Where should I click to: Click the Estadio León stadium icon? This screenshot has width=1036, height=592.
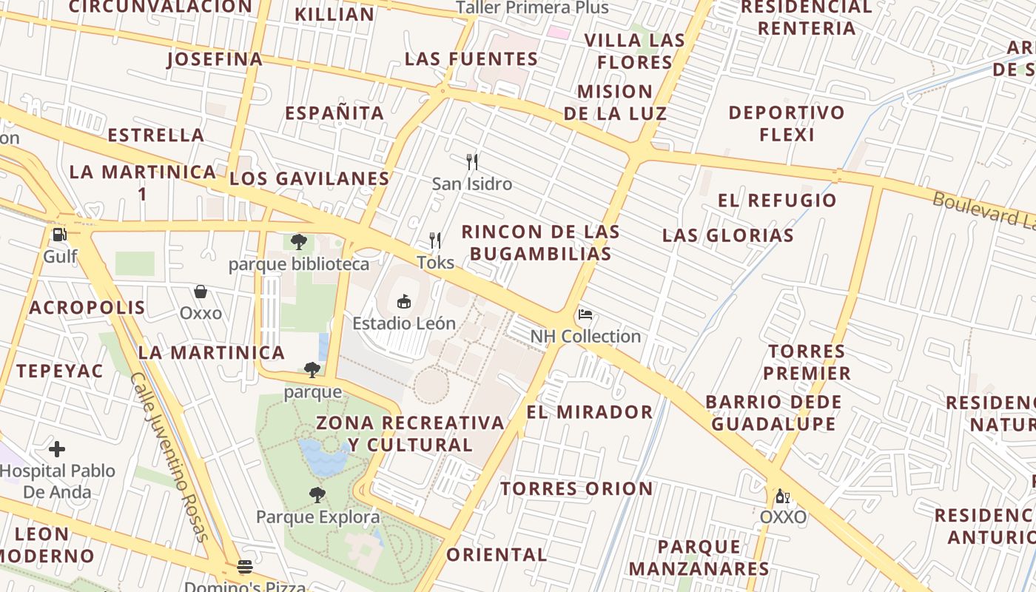pos(404,301)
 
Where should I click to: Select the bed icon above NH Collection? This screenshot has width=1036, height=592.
pos(585,314)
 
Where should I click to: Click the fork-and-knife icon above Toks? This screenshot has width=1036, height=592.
pos(435,240)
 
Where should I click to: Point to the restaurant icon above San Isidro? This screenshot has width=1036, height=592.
pos(471,161)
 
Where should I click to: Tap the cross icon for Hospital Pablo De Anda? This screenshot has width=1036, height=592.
pos(57,449)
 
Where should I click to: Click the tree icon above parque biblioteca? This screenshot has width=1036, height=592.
pos(299,242)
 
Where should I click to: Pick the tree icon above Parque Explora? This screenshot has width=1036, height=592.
pos(317,495)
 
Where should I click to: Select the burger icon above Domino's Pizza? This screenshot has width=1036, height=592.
pos(245,567)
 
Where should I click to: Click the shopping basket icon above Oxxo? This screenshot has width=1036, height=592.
pos(201,292)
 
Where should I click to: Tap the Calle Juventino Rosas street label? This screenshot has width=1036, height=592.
pos(169,457)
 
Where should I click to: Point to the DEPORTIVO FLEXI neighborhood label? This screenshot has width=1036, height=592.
pos(787,124)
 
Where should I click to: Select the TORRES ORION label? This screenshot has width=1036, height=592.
pos(576,488)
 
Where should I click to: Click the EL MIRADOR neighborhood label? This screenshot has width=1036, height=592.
pos(590,412)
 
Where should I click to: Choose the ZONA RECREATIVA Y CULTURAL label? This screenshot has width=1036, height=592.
pos(411,434)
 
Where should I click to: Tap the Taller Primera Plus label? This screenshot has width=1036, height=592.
pos(532,8)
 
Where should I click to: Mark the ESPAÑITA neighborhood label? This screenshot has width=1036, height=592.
pos(334,113)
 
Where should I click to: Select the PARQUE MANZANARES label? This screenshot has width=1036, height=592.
pos(699,557)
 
